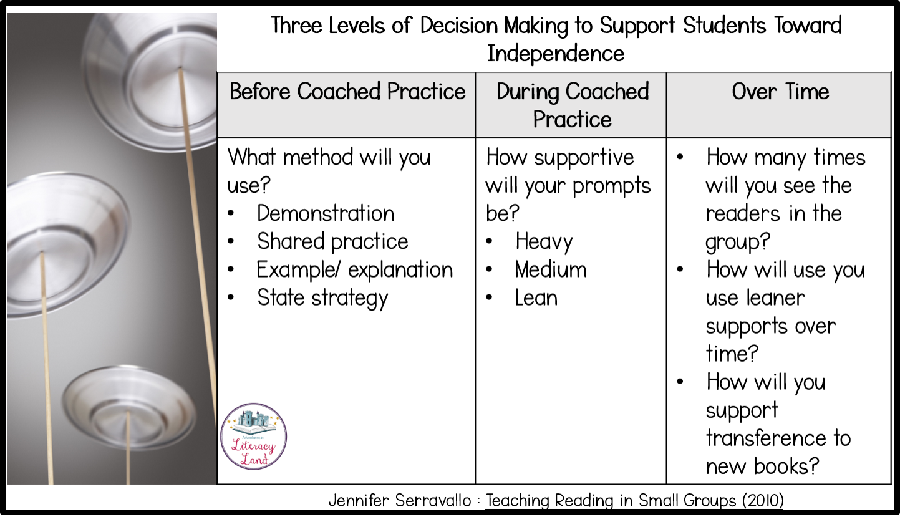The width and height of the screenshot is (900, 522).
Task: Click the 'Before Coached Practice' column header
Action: tap(347, 92)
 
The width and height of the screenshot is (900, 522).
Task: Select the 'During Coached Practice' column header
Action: tap(572, 105)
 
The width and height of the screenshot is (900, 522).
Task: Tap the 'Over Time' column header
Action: tap(780, 92)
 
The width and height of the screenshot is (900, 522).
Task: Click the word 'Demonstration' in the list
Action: tap(326, 213)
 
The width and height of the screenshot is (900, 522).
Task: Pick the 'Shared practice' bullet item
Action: tap(332, 242)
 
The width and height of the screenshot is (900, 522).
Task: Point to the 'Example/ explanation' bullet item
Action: tap(354, 270)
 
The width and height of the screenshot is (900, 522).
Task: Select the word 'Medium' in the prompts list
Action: tap(551, 269)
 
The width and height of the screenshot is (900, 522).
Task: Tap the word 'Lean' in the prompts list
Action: tap(536, 298)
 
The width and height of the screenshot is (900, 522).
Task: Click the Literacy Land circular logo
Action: tap(253, 437)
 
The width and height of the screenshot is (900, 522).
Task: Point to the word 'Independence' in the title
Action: tap(556, 54)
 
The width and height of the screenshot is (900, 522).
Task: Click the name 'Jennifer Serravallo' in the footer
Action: tap(400, 501)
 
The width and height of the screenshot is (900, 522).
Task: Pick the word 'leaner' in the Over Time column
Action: tap(775, 298)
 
